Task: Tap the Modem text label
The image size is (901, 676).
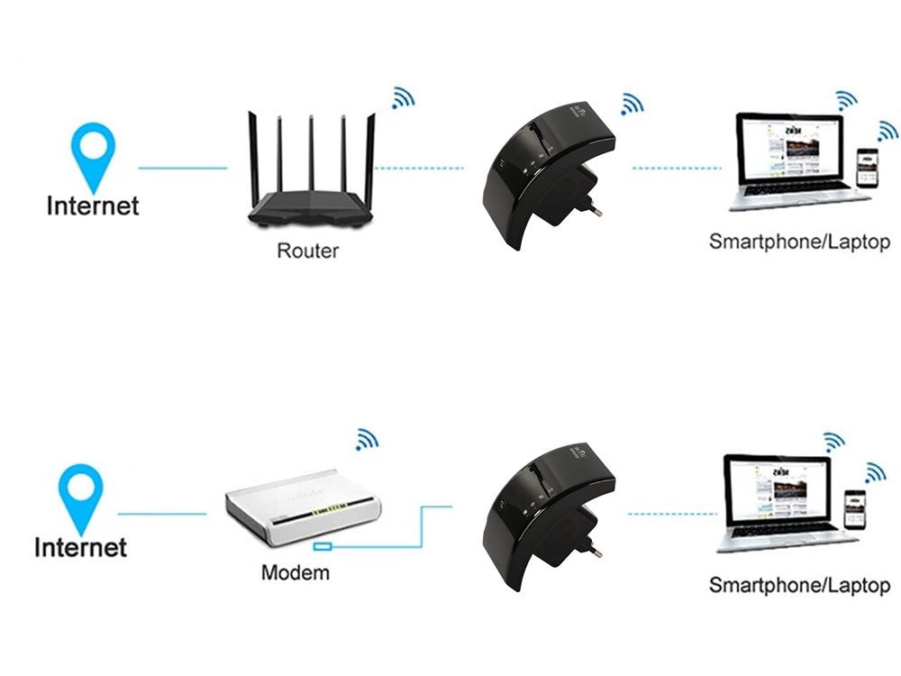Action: [x=295, y=572]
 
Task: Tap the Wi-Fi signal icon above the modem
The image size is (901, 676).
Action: [x=366, y=439]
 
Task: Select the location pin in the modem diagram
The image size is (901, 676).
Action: [x=80, y=497]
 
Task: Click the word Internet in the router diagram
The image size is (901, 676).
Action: [x=93, y=206]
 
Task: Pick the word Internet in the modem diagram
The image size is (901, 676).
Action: [x=80, y=547]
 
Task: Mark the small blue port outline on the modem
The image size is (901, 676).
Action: [x=323, y=547]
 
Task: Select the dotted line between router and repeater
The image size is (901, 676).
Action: [x=419, y=168]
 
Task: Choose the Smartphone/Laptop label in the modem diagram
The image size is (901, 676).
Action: [x=798, y=585]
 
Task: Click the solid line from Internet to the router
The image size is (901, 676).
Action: [x=183, y=168]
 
